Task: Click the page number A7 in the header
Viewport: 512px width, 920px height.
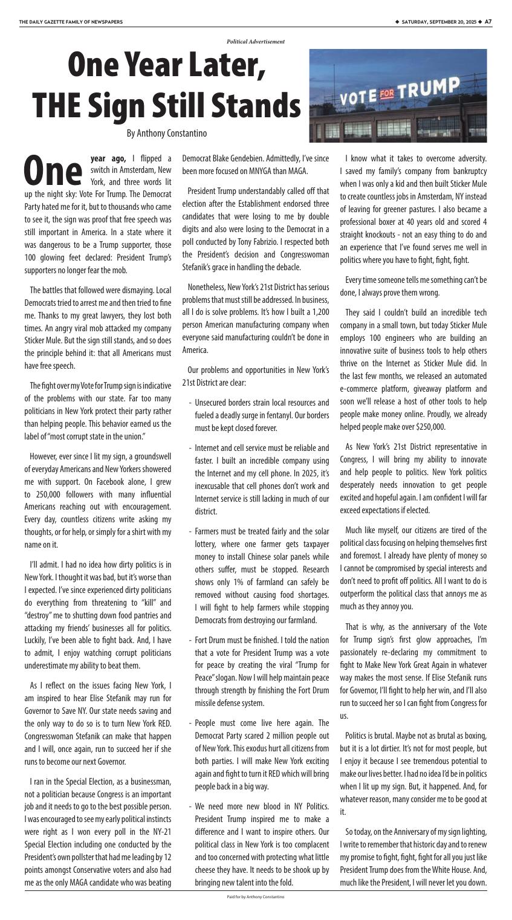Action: click(x=488, y=22)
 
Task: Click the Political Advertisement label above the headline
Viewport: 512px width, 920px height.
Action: click(x=255, y=42)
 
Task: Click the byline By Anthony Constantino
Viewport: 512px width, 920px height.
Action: click(x=166, y=133)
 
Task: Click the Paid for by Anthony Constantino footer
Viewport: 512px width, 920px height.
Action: click(x=255, y=896)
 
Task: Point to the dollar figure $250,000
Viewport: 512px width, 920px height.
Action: click(x=426, y=427)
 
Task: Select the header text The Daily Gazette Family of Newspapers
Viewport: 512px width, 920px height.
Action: click(x=71, y=22)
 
